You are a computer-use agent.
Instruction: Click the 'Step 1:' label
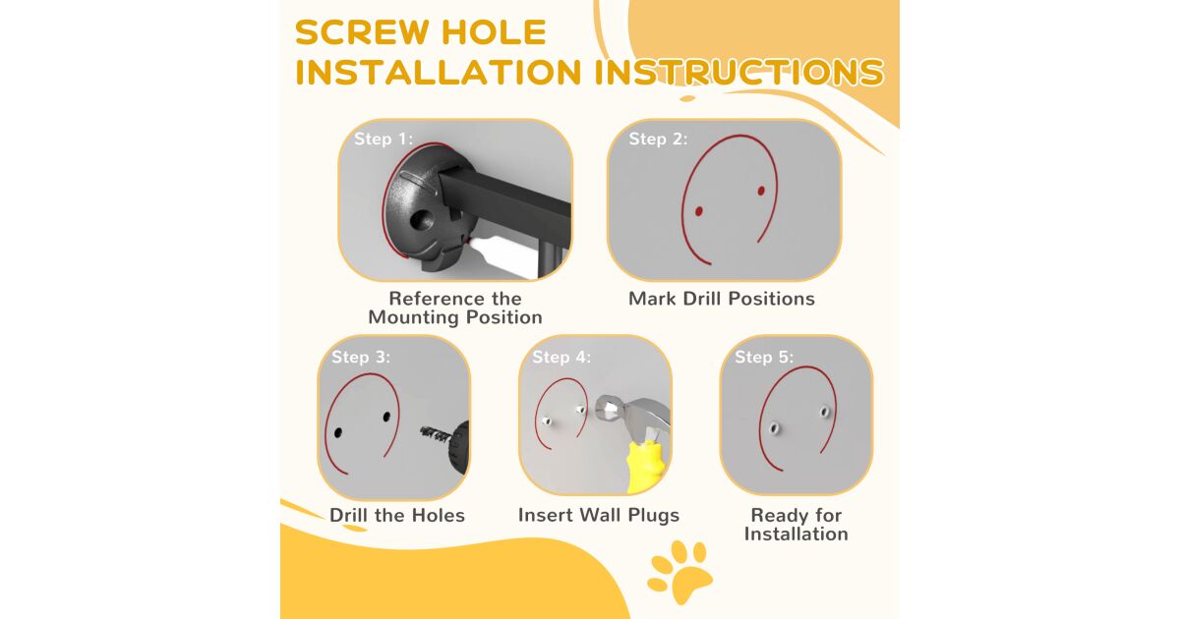pos(383,139)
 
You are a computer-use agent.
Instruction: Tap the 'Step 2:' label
pos(658,139)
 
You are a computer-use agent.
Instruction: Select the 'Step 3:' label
pos(361,357)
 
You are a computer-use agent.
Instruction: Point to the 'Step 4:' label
pos(561,357)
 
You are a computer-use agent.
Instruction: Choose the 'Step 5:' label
pos(764,357)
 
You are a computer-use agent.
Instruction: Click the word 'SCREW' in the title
pos(363,32)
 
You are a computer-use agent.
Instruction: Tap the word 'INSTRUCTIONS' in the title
pos(739,72)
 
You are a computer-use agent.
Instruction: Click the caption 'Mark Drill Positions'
pos(722,299)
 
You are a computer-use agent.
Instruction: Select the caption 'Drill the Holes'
pos(397,515)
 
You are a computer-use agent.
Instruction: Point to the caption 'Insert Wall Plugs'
pos(599,515)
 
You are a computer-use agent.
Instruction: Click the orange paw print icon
pos(679,572)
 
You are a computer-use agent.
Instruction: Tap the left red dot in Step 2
pos(698,211)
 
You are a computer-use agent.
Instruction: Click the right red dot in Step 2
pos(761,191)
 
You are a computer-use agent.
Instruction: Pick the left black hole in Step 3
pos(338,433)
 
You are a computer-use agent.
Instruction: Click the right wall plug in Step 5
pos(824,411)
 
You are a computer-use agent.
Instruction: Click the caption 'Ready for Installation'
pos(796,525)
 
